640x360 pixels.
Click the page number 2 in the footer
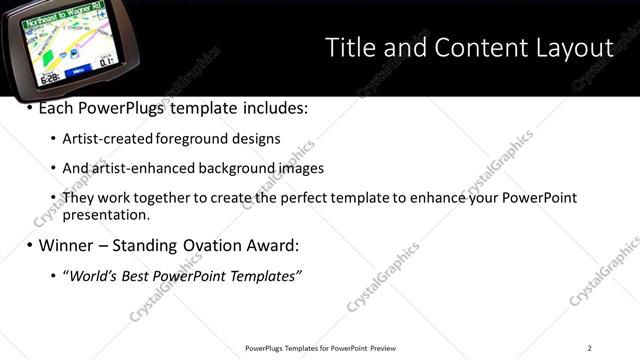tap(590, 348)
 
